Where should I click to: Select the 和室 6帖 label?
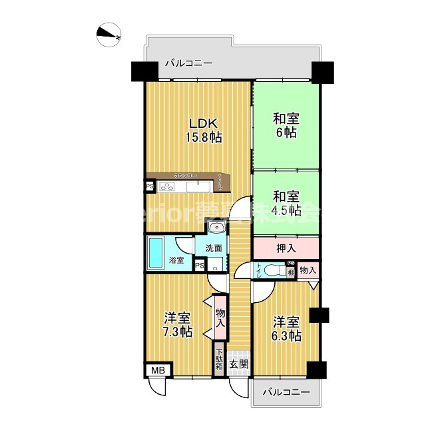point(286,125)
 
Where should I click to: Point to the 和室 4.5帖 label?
point(286,204)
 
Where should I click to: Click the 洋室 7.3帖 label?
point(178,324)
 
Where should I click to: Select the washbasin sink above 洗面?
point(217,229)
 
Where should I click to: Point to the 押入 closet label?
point(286,248)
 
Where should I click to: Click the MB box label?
point(158,369)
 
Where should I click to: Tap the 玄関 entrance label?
point(239,364)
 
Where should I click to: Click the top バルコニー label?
point(188,64)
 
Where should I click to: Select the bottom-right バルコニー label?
point(287,393)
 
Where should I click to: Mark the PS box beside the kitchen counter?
point(150,186)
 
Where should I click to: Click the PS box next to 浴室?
point(199,266)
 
